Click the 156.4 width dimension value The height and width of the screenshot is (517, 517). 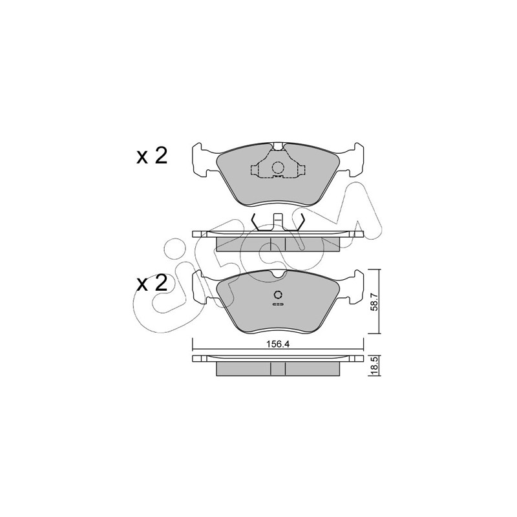(x=278, y=344)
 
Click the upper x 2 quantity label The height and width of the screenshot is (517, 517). (x=153, y=156)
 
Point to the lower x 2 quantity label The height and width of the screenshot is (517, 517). (x=153, y=284)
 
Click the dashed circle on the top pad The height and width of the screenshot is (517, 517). (x=278, y=168)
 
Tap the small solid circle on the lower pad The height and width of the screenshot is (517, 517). (x=278, y=295)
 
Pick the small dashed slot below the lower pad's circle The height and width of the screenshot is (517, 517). (x=278, y=304)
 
